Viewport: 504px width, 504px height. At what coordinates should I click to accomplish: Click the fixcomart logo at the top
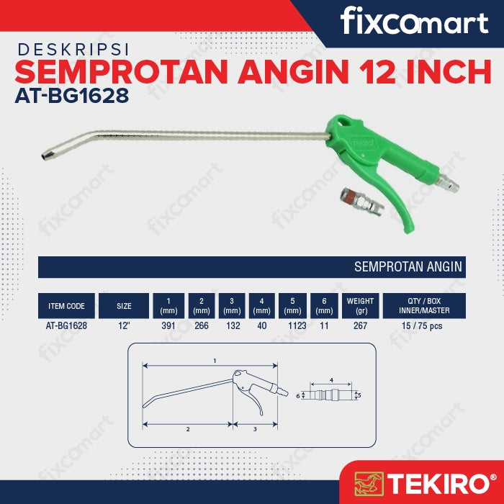pyautogui.click(x=414, y=21)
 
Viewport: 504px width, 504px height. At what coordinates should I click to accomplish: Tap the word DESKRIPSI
pyautogui.click(x=73, y=50)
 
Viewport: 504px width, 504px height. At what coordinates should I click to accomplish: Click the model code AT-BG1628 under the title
pyautogui.click(x=72, y=96)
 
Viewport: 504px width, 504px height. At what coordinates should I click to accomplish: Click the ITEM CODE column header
pyautogui.click(x=66, y=306)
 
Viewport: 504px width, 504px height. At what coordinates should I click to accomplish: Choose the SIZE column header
pyautogui.click(x=124, y=306)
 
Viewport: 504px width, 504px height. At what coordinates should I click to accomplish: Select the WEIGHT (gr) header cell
pyautogui.click(x=360, y=306)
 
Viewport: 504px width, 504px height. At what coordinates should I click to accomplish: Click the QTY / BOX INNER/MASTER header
pyautogui.click(x=424, y=306)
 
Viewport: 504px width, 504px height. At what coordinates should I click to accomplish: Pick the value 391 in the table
pyautogui.click(x=168, y=326)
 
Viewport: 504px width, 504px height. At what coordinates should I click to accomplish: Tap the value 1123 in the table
pyautogui.click(x=297, y=326)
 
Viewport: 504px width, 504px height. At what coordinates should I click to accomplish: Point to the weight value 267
pyautogui.click(x=360, y=326)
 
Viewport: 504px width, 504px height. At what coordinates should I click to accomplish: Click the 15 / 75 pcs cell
pyautogui.click(x=422, y=326)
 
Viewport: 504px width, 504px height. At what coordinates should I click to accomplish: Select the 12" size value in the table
pyautogui.click(x=124, y=326)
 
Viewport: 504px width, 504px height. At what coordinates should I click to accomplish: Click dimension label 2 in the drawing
pyautogui.click(x=188, y=429)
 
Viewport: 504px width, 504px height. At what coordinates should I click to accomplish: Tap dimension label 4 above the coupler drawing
pyautogui.click(x=331, y=381)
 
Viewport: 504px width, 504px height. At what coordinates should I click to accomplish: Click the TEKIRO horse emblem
pyautogui.click(x=369, y=484)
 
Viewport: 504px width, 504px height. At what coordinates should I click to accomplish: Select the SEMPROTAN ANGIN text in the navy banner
pyautogui.click(x=408, y=267)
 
